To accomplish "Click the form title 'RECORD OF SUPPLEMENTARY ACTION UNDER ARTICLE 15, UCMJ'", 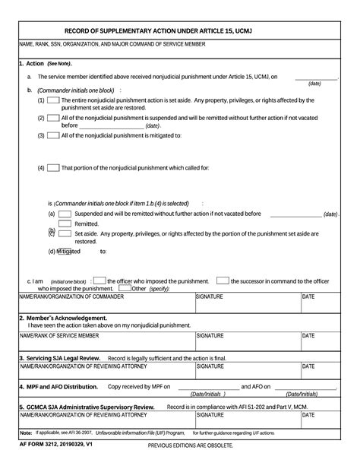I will (179, 30).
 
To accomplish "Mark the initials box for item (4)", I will (54, 167).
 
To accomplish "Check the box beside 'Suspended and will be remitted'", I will (65, 214).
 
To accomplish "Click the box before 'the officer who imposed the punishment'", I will (99, 281).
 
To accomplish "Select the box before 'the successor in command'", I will (223, 281).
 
